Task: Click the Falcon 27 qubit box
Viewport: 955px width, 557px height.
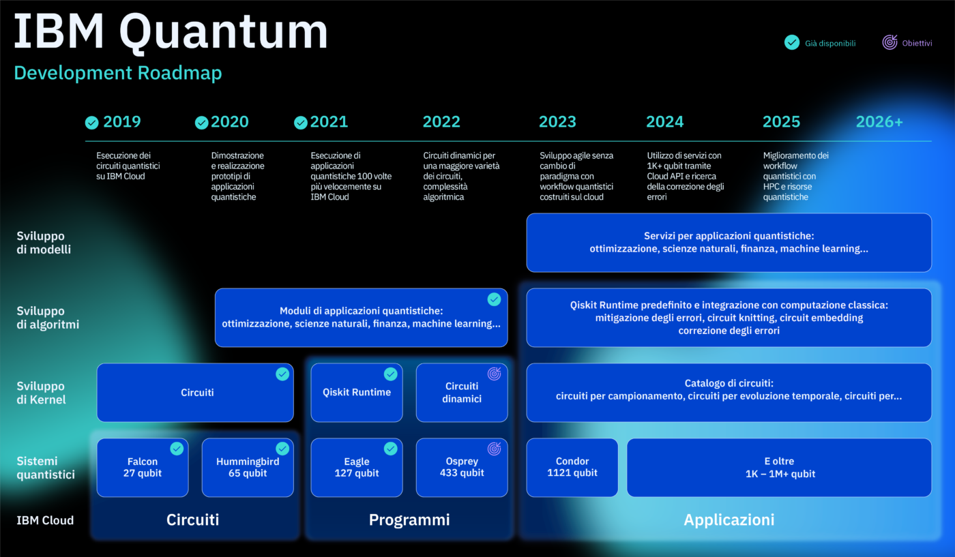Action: click(143, 468)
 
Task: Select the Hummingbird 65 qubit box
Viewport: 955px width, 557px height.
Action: click(248, 468)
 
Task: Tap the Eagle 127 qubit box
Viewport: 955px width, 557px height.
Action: click(357, 468)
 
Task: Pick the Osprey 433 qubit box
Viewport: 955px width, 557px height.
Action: click(462, 468)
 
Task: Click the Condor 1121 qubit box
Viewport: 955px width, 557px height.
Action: click(572, 468)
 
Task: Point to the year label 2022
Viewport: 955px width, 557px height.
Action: click(441, 122)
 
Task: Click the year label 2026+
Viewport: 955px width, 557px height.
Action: click(879, 122)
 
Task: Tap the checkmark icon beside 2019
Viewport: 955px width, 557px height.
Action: click(92, 123)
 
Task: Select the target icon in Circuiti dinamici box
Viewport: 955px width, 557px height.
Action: click(494, 374)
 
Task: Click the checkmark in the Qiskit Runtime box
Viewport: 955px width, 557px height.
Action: click(390, 374)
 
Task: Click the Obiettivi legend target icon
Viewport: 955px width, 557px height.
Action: click(890, 42)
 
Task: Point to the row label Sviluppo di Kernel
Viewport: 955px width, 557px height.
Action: click(41, 393)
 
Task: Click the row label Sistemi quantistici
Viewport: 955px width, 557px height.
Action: click(46, 468)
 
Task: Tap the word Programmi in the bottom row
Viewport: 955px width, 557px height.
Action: click(409, 520)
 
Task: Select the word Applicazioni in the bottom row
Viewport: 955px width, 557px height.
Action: click(729, 520)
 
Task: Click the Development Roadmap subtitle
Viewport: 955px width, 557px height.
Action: click(117, 73)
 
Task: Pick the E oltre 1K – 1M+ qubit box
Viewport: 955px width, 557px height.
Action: click(779, 468)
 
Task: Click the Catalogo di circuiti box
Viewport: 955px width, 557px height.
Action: click(729, 393)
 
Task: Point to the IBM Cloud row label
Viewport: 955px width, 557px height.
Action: click(45, 520)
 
